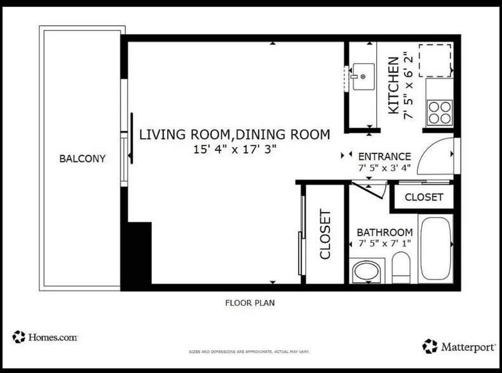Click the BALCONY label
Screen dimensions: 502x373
click(82, 159)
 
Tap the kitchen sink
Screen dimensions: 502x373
click(363, 77)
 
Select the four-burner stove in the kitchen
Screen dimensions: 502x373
click(440, 113)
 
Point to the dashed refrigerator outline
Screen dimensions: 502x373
click(435, 60)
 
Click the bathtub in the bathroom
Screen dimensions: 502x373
click(436, 249)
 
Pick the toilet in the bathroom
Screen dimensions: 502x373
click(401, 268)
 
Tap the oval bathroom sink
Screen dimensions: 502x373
click(367, 272)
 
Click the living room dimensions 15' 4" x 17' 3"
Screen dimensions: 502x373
click(234, 149)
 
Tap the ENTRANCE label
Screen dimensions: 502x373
click(384, 157)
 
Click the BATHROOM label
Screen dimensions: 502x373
click(384, 232)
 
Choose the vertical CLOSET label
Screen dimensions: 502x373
click(325, 234)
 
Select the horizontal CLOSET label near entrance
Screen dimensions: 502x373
click(424, 197)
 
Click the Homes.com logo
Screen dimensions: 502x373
click(45, 337)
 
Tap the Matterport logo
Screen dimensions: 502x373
click(458, 346)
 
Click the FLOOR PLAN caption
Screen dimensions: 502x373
click(250, 303)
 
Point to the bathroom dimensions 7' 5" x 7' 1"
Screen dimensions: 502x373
click(384, 244)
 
